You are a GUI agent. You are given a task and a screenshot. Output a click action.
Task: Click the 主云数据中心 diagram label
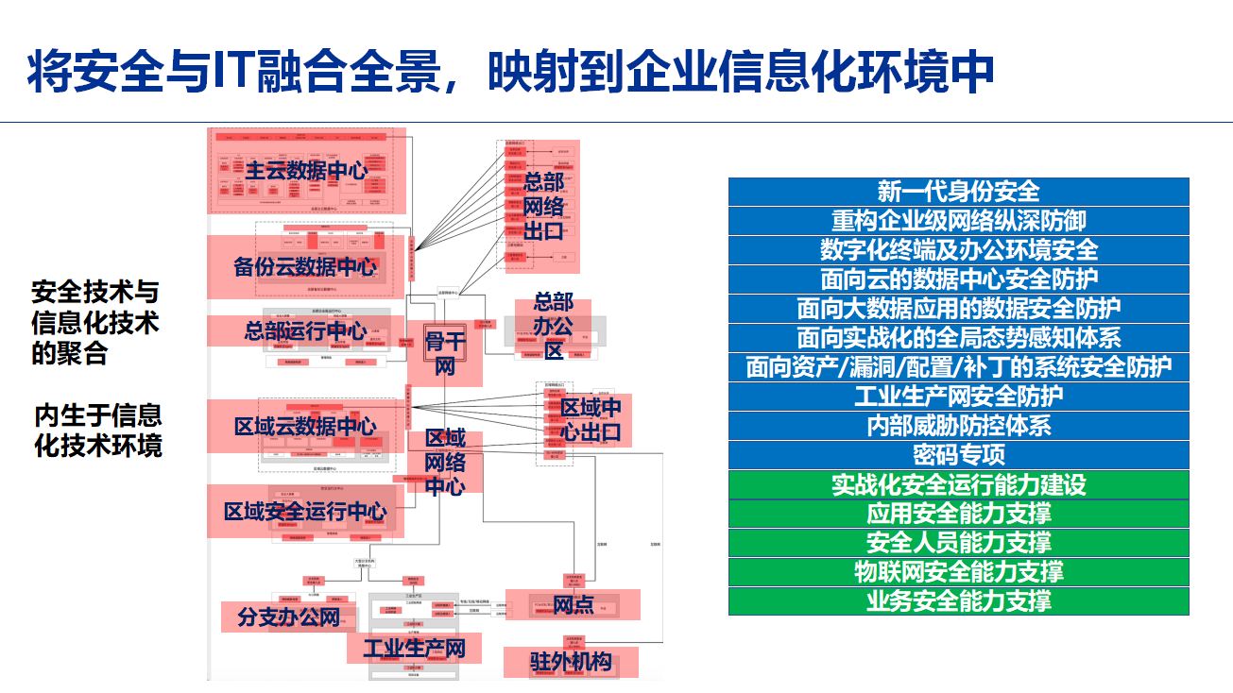pyautogui.click(x=306, y=171)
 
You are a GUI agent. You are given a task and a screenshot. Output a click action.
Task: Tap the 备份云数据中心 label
pyautogui.click(x=305, y=266)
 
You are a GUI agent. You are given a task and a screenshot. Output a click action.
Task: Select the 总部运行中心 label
pyautogui.click(x=305, y=331)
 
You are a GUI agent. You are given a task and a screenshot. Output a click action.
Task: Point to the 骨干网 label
pyautogui.click(x=445, y=353)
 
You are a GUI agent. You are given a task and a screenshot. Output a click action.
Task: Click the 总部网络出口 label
pyautogui.click(x=543, y=206)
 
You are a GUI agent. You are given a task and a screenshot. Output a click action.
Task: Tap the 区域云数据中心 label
pyautogui.click(x=305, y=427)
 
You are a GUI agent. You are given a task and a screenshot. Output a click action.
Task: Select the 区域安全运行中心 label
pyautogui.click(x=305, y=512)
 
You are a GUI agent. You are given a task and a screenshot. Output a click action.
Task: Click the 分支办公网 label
pyautogui.click(x=288, y=618)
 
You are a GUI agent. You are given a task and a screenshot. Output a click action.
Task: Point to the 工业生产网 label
pyautogui.click(x=415, y=649)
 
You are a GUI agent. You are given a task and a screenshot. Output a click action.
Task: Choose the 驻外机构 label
pyautogui.click(x=570, y=662)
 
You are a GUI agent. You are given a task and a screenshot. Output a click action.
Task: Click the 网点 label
pyautogui.click(x=573, y=604)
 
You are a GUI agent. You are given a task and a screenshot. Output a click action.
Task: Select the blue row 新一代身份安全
pyautogui.click(x=958, y=192)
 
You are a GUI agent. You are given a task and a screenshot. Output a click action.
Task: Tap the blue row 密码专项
pyautogui.click(x=958, y=455)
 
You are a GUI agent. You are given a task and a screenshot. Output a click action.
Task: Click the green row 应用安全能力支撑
pyautogui.click(x=958, y=514)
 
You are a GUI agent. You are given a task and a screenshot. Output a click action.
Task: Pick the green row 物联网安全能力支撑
pyautogui.click(x=958, y=572)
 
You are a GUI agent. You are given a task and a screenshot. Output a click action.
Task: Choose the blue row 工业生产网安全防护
pyautogui.click(x=958, y=397)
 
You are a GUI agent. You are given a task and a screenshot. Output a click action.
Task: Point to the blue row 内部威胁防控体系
pyautogui.click(x=958, y=426)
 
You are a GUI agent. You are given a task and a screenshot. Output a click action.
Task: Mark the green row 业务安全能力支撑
pyautogui.click(x=958, y=601)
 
